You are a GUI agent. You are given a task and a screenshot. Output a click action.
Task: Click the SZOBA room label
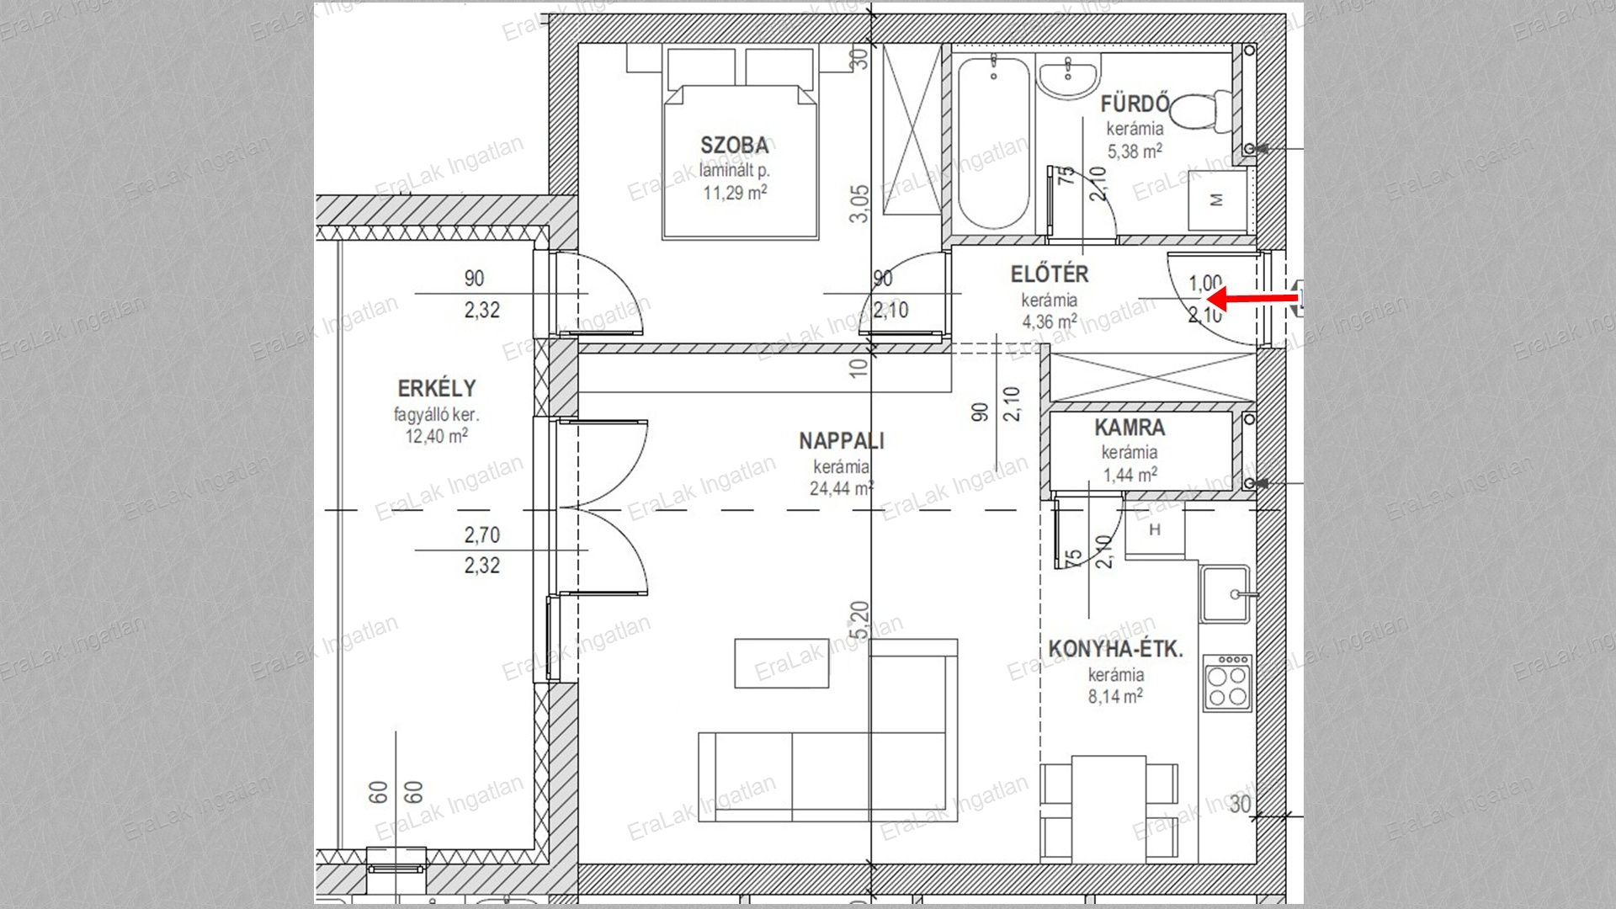coord(735,146)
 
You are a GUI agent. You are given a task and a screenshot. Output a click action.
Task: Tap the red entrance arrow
coord(1253,298)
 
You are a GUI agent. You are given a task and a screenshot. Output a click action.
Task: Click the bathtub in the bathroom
coord(993,141)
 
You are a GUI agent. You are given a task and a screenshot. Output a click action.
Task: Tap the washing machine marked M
coord(1216,199)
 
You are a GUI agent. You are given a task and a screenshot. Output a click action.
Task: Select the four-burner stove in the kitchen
coord(1227,683)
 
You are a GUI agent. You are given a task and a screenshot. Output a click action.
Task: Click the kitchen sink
coord(1225,593)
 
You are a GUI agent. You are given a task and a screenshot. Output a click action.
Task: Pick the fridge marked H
coord(1155,529)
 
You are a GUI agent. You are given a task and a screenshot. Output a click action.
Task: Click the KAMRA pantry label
coord(1130,428)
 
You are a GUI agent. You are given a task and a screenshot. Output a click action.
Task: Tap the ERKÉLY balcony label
coord(437,389)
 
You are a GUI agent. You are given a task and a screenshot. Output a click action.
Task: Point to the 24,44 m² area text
coord(841,488)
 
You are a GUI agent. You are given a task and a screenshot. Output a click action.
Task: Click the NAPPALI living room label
coord(842,440)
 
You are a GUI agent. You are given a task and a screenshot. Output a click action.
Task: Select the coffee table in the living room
coord(782,663)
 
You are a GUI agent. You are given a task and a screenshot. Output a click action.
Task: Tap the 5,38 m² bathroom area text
coord(1135,151)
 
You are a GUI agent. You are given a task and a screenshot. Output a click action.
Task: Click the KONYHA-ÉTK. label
coord(1115,649)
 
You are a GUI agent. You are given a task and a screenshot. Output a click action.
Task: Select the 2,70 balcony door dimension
coord(481,534)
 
